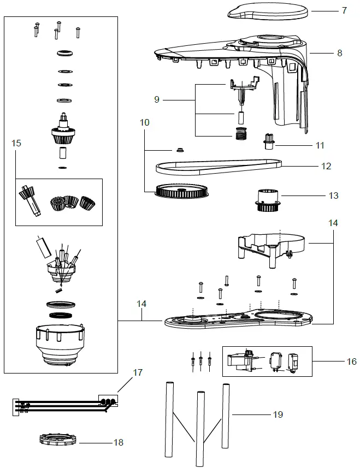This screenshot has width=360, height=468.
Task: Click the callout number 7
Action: tap(344, 10)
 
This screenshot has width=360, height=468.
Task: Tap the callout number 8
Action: tap(339, 53)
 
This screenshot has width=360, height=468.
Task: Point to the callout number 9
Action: tap(157, 100)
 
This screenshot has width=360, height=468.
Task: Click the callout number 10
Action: tap(144, 123)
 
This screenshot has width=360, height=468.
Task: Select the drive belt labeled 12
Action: tap(219, 164)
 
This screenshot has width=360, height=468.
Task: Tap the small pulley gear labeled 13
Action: tap(268, 200)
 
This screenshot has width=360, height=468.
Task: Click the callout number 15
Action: tap(16, 143)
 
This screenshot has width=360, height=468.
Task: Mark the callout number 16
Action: tap(351, 362)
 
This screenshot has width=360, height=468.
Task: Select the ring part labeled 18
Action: tap(57, 439)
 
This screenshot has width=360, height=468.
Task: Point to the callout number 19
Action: tap(278, 414)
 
